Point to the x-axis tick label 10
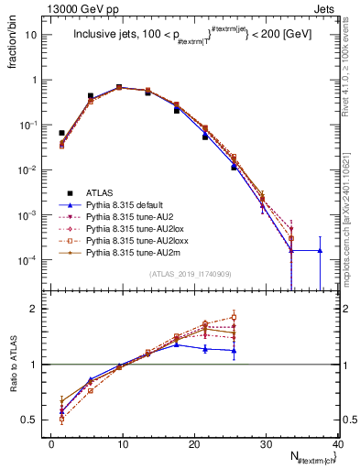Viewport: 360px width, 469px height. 123,442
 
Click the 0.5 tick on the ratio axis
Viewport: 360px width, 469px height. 36,420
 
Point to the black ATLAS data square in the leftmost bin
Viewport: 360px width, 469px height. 61,133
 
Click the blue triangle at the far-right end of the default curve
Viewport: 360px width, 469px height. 320,250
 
